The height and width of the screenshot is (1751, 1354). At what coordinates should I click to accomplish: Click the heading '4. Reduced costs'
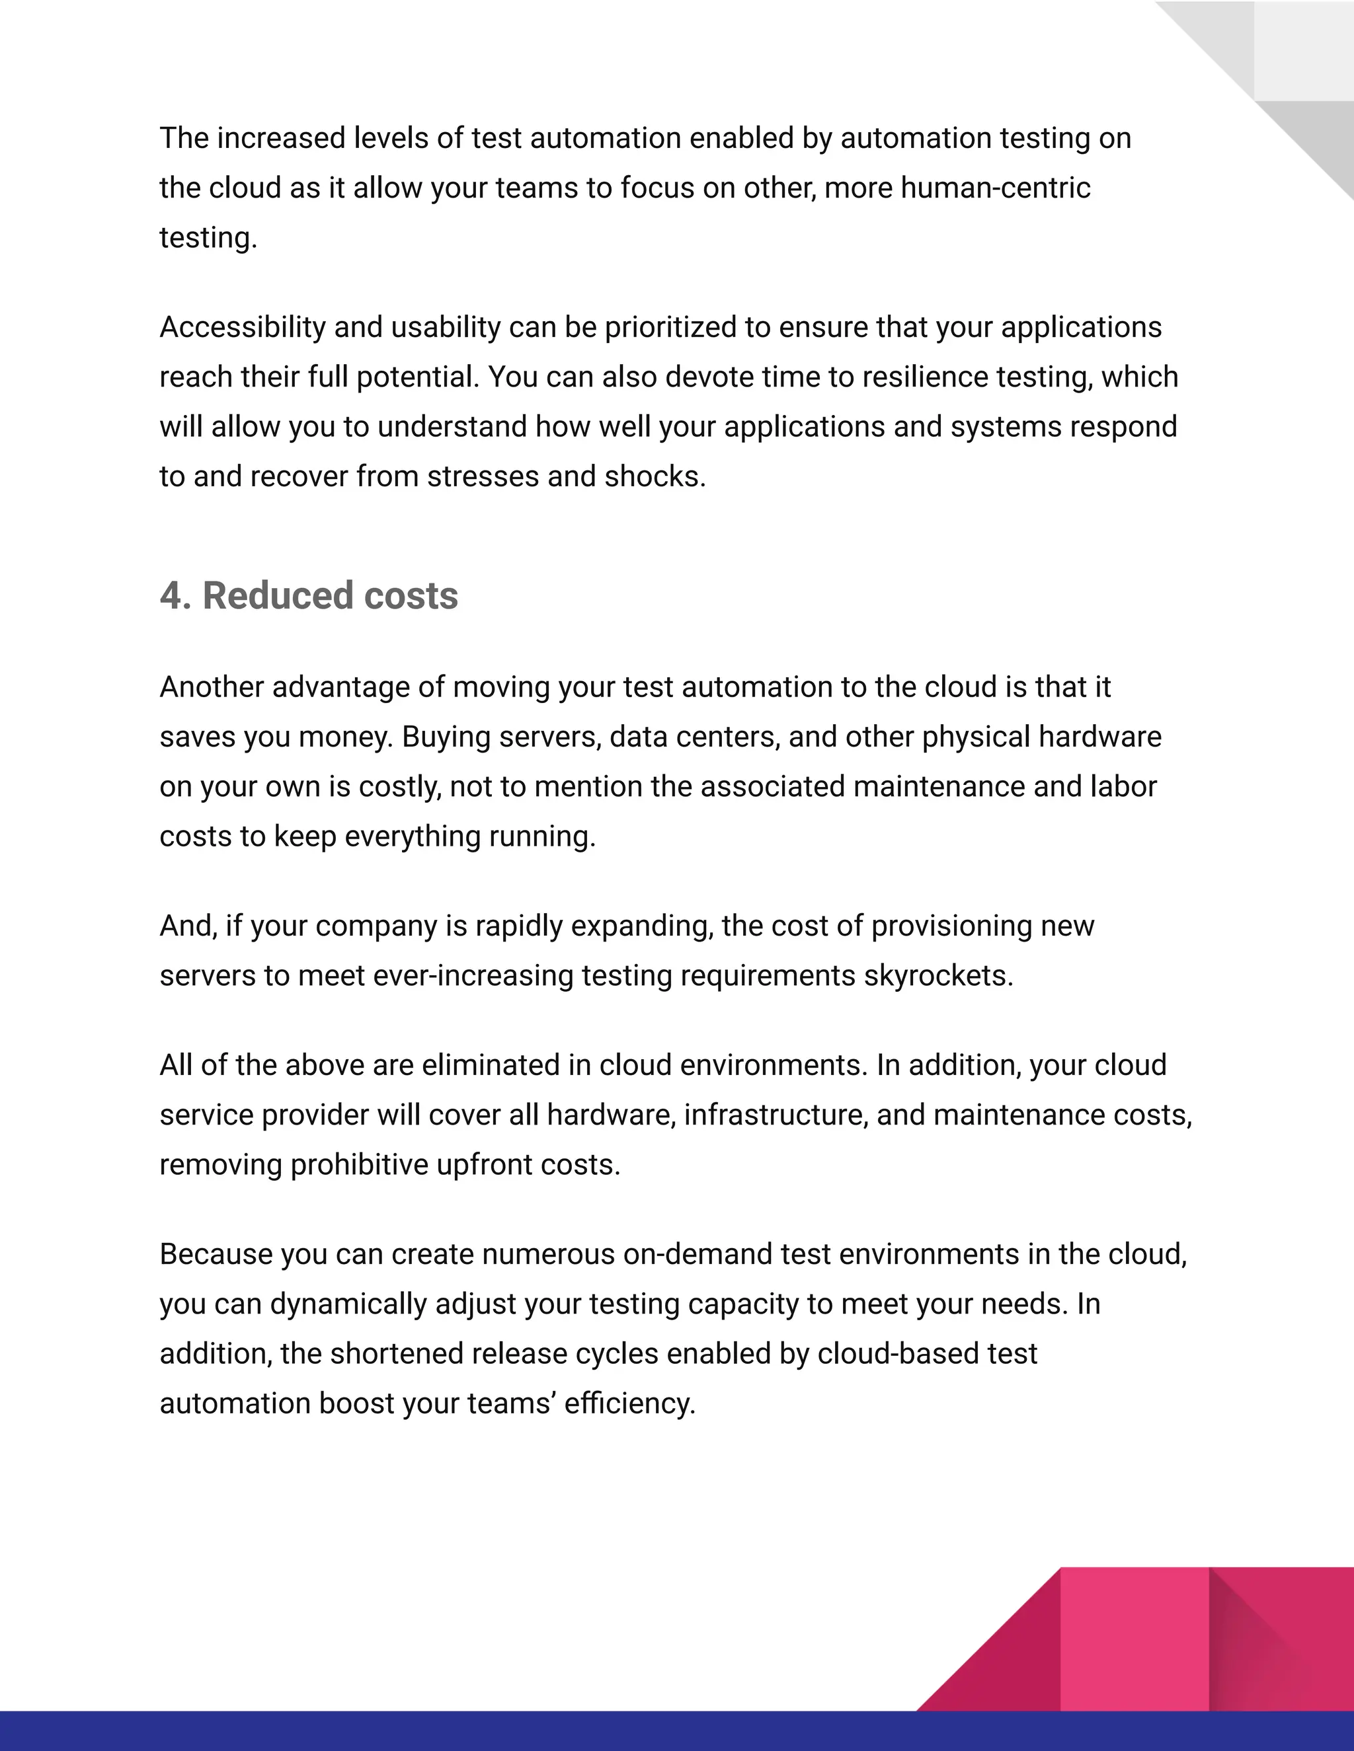(x=309, y=596)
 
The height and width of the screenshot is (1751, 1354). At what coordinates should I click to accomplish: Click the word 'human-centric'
(x=996, y=188)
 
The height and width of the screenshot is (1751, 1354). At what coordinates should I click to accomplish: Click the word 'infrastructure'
(x=776, y=1115)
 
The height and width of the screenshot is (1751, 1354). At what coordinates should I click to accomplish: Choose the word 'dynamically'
(x=348, y=1304)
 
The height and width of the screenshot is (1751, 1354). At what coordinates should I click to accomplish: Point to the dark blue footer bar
(x=561, y=1731)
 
